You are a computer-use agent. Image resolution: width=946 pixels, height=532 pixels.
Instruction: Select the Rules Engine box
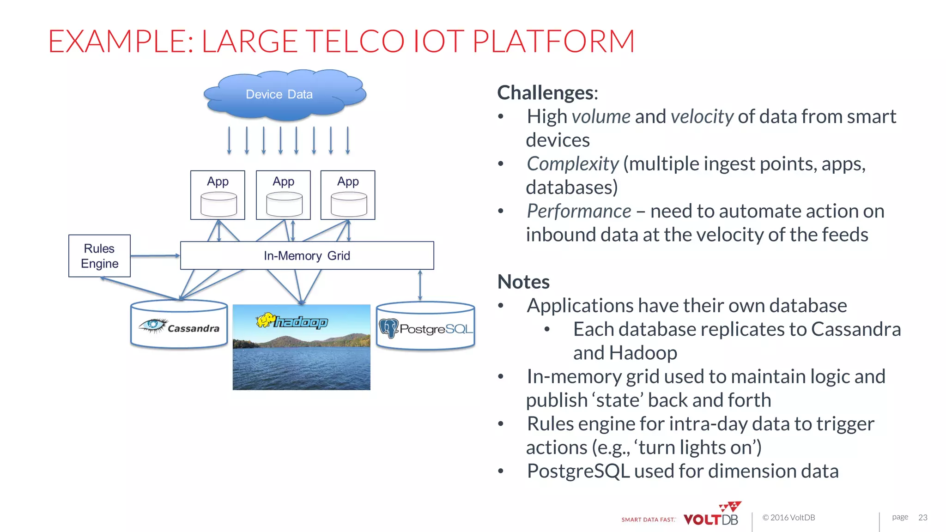99,256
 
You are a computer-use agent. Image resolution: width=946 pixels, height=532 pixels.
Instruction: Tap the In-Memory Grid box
307,255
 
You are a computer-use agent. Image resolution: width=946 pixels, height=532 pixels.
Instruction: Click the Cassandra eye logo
153,325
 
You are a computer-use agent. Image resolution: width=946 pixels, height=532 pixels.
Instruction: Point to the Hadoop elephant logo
267,320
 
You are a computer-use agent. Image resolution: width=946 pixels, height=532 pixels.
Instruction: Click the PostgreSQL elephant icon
388,328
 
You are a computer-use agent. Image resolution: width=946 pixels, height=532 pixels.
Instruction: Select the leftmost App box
218,195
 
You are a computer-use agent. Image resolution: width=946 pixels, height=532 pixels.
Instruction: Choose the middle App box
283,195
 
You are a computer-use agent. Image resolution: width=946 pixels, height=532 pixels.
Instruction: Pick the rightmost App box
348,195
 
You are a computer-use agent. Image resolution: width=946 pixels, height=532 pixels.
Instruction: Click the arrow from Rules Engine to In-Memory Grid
155,255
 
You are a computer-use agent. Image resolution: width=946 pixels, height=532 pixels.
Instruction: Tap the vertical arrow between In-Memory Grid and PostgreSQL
420,285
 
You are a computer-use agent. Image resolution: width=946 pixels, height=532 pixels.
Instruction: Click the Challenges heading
547,93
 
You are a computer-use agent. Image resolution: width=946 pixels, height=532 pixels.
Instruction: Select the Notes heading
523,282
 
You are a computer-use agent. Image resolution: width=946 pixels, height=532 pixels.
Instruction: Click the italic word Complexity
572,164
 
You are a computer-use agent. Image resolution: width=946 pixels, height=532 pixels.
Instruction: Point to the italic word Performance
579,211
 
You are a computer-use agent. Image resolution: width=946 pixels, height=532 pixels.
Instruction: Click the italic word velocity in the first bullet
702,116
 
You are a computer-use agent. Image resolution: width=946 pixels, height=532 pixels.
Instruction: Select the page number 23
922,517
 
